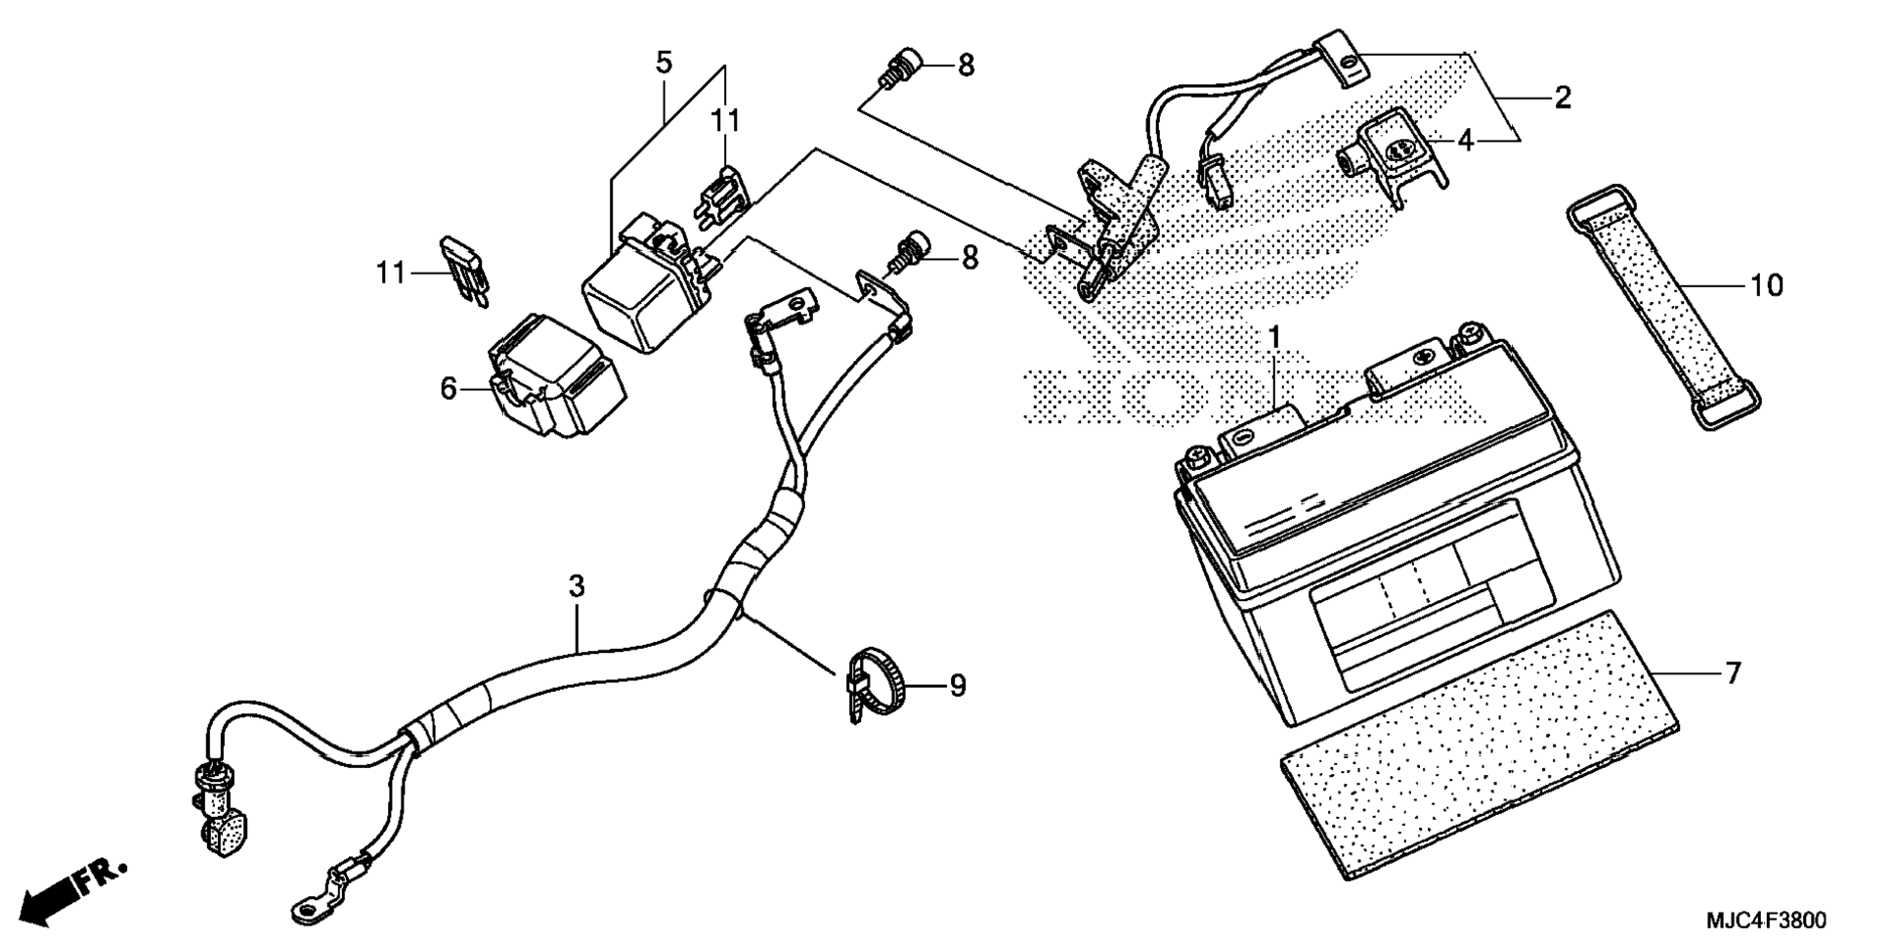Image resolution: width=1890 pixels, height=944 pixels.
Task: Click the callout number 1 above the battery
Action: tap(1273, 339)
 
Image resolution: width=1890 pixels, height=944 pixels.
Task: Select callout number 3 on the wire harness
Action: tap(577, 587)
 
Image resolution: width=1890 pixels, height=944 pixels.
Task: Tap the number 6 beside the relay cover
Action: tap(449, 389)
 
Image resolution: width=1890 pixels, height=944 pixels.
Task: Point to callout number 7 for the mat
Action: tap(1732, 673)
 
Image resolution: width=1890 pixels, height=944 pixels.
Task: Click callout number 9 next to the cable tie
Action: tap(957, 686)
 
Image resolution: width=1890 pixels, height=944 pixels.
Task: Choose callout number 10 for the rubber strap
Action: tap(1766, 285)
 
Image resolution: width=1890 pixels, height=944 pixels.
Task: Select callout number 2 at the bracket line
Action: tap(1562, 98)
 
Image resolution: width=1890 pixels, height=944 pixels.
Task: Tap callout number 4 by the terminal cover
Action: tap(1465, 142)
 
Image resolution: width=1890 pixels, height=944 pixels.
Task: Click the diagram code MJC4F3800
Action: tap(1766, 921)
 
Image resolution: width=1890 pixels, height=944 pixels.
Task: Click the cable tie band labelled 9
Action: tap(876, 687)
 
